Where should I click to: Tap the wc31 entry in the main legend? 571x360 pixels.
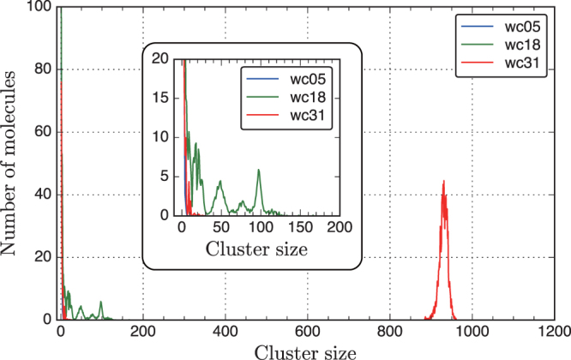pos(519,61)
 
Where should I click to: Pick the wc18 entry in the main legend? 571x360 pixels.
pos(519,42)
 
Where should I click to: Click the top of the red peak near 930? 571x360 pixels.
pos(443,181)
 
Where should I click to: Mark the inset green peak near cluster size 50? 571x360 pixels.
pos(220,181)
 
